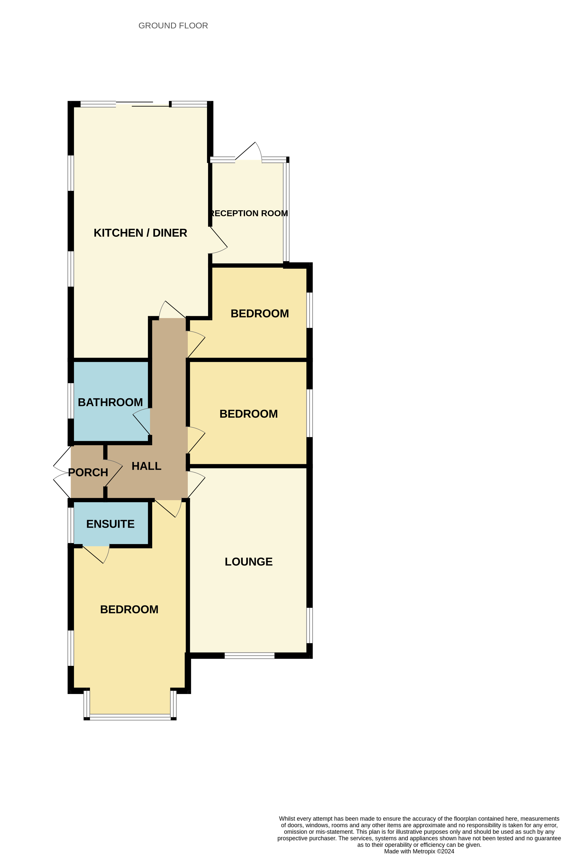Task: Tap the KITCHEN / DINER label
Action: pos(140,233)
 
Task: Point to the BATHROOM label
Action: pos(110,402)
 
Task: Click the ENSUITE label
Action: pos(110,524)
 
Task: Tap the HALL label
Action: pos(146,466)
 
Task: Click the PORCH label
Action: pos(88,472)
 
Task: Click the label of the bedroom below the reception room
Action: pos(260,313)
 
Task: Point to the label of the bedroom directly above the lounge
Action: pos(249,414)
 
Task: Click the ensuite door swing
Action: pos(97,554)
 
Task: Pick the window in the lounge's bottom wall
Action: pos(249,655)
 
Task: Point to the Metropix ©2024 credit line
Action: pos(419,851)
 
